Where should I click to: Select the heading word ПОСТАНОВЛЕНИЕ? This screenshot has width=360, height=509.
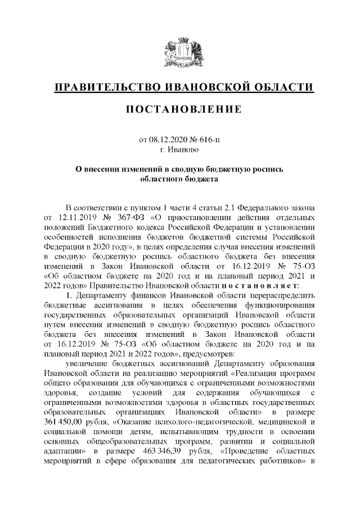pos(180,108)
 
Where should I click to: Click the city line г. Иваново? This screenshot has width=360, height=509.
pos(180,149)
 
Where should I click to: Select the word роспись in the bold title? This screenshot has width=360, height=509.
pos(264,169)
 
